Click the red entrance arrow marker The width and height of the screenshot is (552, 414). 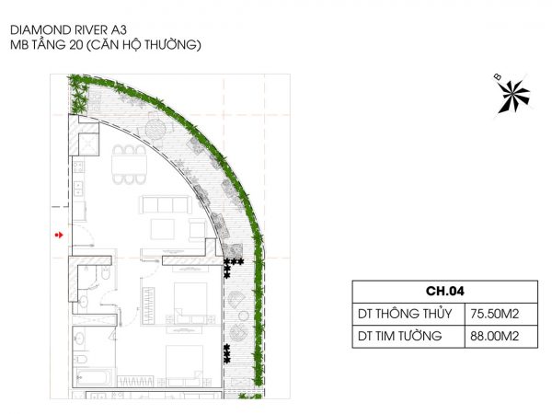59,235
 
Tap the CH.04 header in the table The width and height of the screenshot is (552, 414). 445,291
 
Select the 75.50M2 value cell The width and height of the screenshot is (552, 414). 495,314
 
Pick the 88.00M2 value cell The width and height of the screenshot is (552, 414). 495,336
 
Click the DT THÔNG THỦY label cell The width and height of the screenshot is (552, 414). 405,313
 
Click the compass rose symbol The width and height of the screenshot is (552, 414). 513,96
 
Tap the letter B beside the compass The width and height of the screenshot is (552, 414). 498,76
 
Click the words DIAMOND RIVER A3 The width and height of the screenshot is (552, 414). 68,30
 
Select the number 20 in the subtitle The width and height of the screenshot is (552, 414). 75,45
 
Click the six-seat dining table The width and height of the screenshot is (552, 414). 129,165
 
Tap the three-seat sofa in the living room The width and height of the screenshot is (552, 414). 166,205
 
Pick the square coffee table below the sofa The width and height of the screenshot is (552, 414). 162,229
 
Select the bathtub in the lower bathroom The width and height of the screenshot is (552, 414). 93,378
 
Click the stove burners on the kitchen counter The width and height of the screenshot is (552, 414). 78,167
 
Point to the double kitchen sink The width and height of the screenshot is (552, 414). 78,188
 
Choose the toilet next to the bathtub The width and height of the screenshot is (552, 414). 80,360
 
